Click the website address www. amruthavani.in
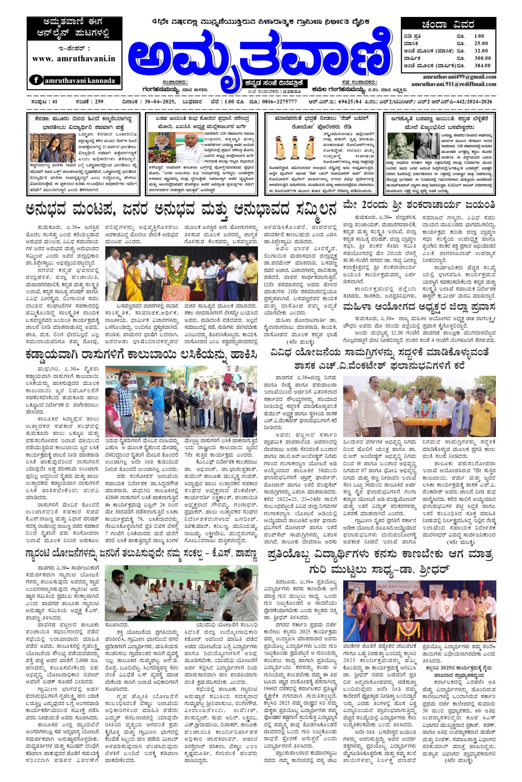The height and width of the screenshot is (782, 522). [74, 59]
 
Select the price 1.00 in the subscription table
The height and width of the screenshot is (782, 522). [478, 36]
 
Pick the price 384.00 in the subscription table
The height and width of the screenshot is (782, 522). [482, 66]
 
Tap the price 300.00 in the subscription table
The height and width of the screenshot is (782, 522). [482, 58]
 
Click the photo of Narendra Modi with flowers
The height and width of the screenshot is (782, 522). [162, 147]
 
